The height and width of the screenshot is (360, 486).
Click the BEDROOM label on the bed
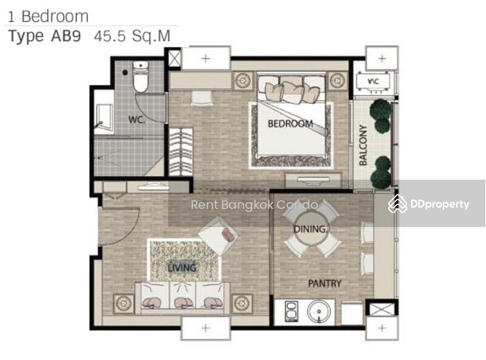point(290,124)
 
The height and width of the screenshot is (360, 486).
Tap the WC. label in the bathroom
point(137,119)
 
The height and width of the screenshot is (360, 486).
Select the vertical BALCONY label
point(363,145)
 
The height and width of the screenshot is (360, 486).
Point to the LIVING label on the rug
point(182,267)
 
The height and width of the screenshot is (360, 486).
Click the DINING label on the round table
point(310,229)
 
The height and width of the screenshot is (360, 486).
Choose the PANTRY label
point(324,283)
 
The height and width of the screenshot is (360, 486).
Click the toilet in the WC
point(140,77)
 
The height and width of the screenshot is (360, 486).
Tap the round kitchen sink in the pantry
point(318,311)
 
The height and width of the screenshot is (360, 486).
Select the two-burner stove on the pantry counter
point(292,311)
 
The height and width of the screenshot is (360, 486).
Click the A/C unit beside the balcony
point(373,82)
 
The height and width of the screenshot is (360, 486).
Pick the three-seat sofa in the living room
point(183,297)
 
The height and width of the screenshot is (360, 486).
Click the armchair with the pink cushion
point(219,235)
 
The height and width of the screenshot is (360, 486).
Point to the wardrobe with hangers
point(181,152)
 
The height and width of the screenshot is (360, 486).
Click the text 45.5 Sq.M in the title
point(132,36)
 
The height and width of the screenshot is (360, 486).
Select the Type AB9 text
point(44,36)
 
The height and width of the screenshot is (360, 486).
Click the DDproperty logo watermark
point(428,204)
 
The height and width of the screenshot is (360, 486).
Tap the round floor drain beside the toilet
point(125,72)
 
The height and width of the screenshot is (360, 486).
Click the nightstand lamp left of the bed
point(243,81)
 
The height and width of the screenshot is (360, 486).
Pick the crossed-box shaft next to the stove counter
point(382,309)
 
